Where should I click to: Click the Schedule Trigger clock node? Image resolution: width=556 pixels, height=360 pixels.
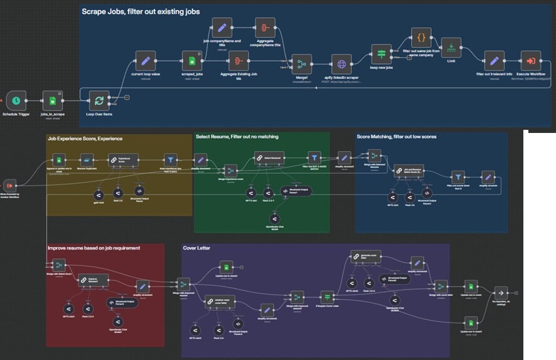click(16, 100)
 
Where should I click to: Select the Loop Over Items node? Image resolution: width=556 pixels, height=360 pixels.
click(99, 101)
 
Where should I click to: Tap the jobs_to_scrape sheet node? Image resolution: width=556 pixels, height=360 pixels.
click(53, 100)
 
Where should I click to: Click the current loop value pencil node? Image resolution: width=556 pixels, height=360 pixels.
click(145, 61)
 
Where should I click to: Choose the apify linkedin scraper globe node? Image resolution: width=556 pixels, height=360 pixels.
click(341, 63)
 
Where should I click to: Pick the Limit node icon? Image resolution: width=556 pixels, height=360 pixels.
click(451, 47)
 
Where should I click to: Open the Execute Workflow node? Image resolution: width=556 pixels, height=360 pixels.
click(531, 61)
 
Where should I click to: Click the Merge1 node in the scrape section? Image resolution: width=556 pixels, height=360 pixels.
click(302, 63)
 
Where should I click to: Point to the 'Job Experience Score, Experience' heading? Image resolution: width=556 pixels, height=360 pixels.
click(85, 138)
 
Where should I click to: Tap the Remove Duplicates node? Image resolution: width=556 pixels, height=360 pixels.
click(87, 160)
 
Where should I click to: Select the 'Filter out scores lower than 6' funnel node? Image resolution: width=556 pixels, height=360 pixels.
click(459, 177)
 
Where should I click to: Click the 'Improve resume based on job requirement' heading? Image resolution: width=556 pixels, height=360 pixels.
click(94, 248)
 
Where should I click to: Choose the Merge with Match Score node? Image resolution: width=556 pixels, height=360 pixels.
click(59, 265)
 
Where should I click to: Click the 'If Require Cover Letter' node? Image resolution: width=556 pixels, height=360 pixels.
click(328, 297)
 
